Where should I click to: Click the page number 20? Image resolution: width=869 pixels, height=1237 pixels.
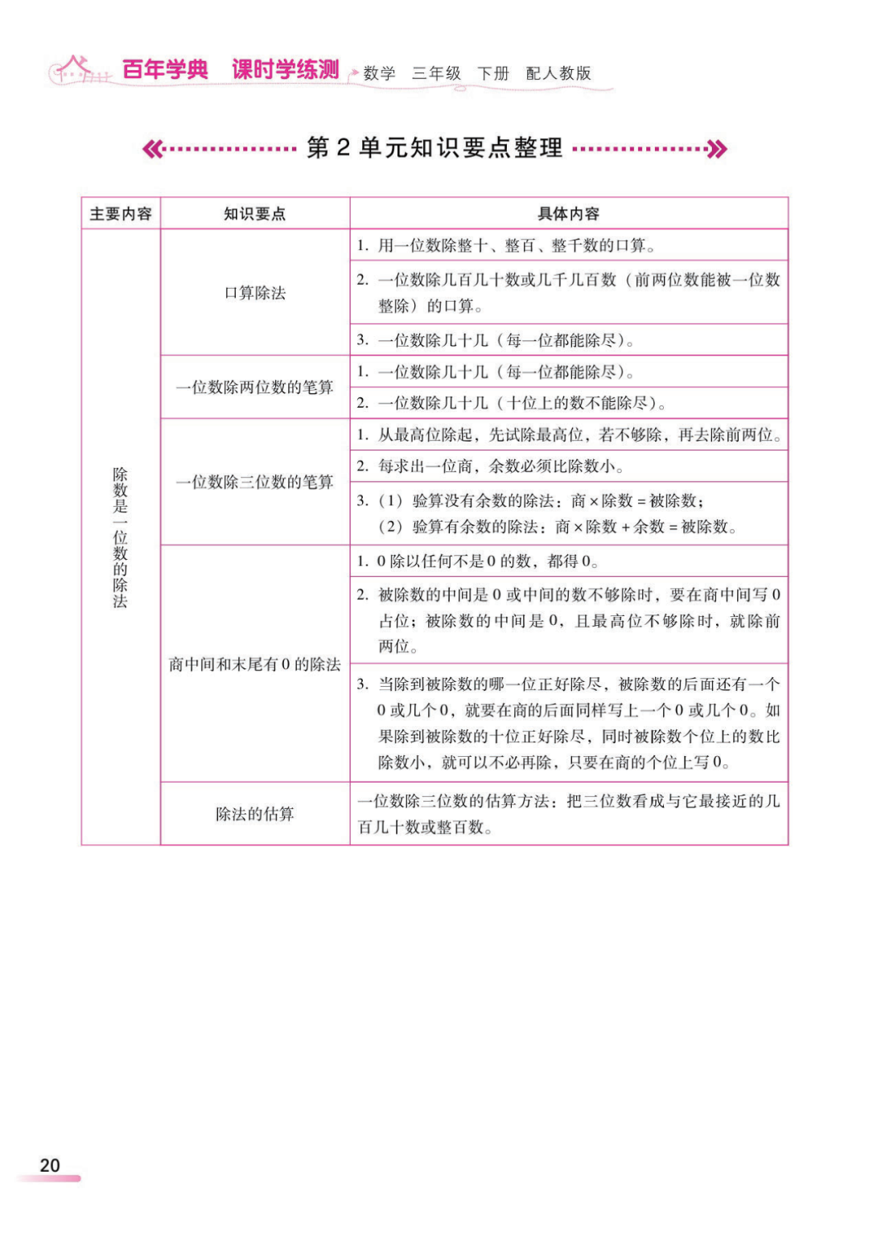click(x=50, y=1165)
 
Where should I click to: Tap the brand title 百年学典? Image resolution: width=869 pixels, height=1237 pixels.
click(x=166, y=70)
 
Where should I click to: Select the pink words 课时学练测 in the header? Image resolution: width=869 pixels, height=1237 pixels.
click(x=286, y=70)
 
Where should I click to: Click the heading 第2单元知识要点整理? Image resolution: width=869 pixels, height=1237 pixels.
click(x=434, y=148)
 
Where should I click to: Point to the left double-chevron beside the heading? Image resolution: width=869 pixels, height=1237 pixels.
click(x=152, y=149)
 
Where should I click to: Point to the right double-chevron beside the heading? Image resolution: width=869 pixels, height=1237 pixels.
click(x=717, y=149)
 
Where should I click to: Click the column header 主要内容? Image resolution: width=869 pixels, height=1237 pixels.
click(x=121, y=214)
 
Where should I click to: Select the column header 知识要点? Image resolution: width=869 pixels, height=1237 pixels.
click(x=254, y=214)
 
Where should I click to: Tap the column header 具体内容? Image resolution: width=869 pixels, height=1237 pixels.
click(x=568, y=214)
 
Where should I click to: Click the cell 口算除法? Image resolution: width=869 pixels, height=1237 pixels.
click(x=254, y=293)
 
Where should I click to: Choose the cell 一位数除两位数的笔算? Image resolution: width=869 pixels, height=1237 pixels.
click(x=254, y=388)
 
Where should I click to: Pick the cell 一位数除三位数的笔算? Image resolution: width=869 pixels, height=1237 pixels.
click(x=254, y=482)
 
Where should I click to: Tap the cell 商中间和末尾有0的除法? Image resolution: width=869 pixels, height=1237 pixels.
click(x=254, y=664)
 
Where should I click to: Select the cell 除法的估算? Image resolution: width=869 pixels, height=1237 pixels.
click(x=254, y=814)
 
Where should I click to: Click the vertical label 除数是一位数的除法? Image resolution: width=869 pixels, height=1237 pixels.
click(x=121, y=537)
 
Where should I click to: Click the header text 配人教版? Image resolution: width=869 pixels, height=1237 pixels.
click(x=558, y=73)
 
